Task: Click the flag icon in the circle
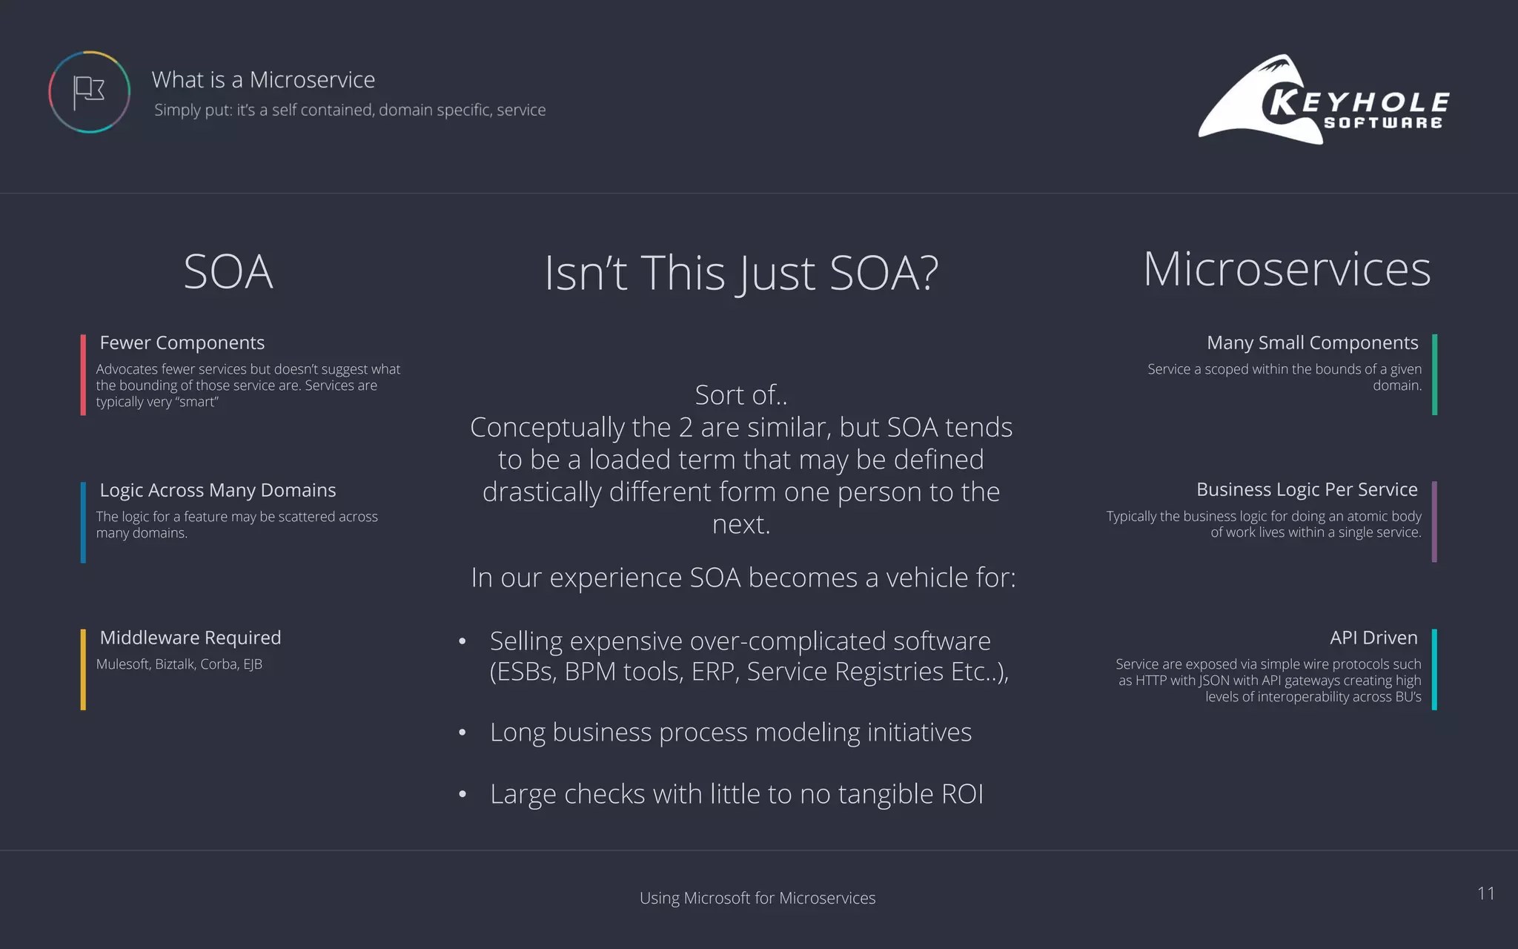click(89, 92)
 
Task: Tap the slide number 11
click(1485, 893)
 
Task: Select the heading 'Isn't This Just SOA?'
click(741, 272)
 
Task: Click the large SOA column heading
click(228, 271)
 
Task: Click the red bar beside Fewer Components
click(83, 374)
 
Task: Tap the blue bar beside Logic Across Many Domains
click(83, 522)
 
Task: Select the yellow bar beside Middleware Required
click(83, 669)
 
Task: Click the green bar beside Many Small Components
click(1435, 374)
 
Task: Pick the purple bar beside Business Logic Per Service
click(1435, 521)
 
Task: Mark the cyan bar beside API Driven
click(1435, 669)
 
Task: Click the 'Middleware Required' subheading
click(190, 638)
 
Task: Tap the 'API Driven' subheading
click(1373, 638)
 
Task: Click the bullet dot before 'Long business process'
click(463, 733)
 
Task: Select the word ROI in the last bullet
click(962, 794)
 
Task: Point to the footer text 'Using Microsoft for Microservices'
click(758, 898)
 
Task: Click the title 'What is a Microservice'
click(263, 79)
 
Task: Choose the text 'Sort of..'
click(741, 395)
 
